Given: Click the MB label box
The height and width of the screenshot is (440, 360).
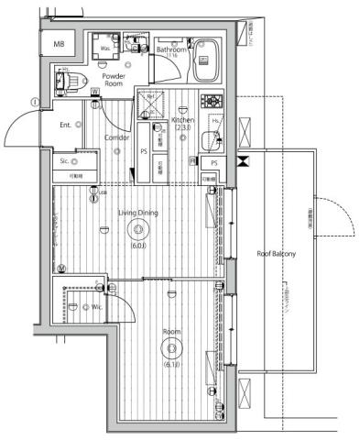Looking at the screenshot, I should point(59,44).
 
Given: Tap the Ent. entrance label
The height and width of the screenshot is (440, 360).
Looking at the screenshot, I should point(66,124).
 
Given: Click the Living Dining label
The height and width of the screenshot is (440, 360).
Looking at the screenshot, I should point(137,213).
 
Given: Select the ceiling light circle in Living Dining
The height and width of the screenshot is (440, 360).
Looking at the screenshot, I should point(138,231).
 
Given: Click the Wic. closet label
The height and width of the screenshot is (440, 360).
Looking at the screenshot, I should point(96,307).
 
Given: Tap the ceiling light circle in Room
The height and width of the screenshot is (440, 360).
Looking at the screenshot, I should point(170,347).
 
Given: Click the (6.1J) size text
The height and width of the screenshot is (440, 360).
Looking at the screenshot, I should point(170,366).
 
